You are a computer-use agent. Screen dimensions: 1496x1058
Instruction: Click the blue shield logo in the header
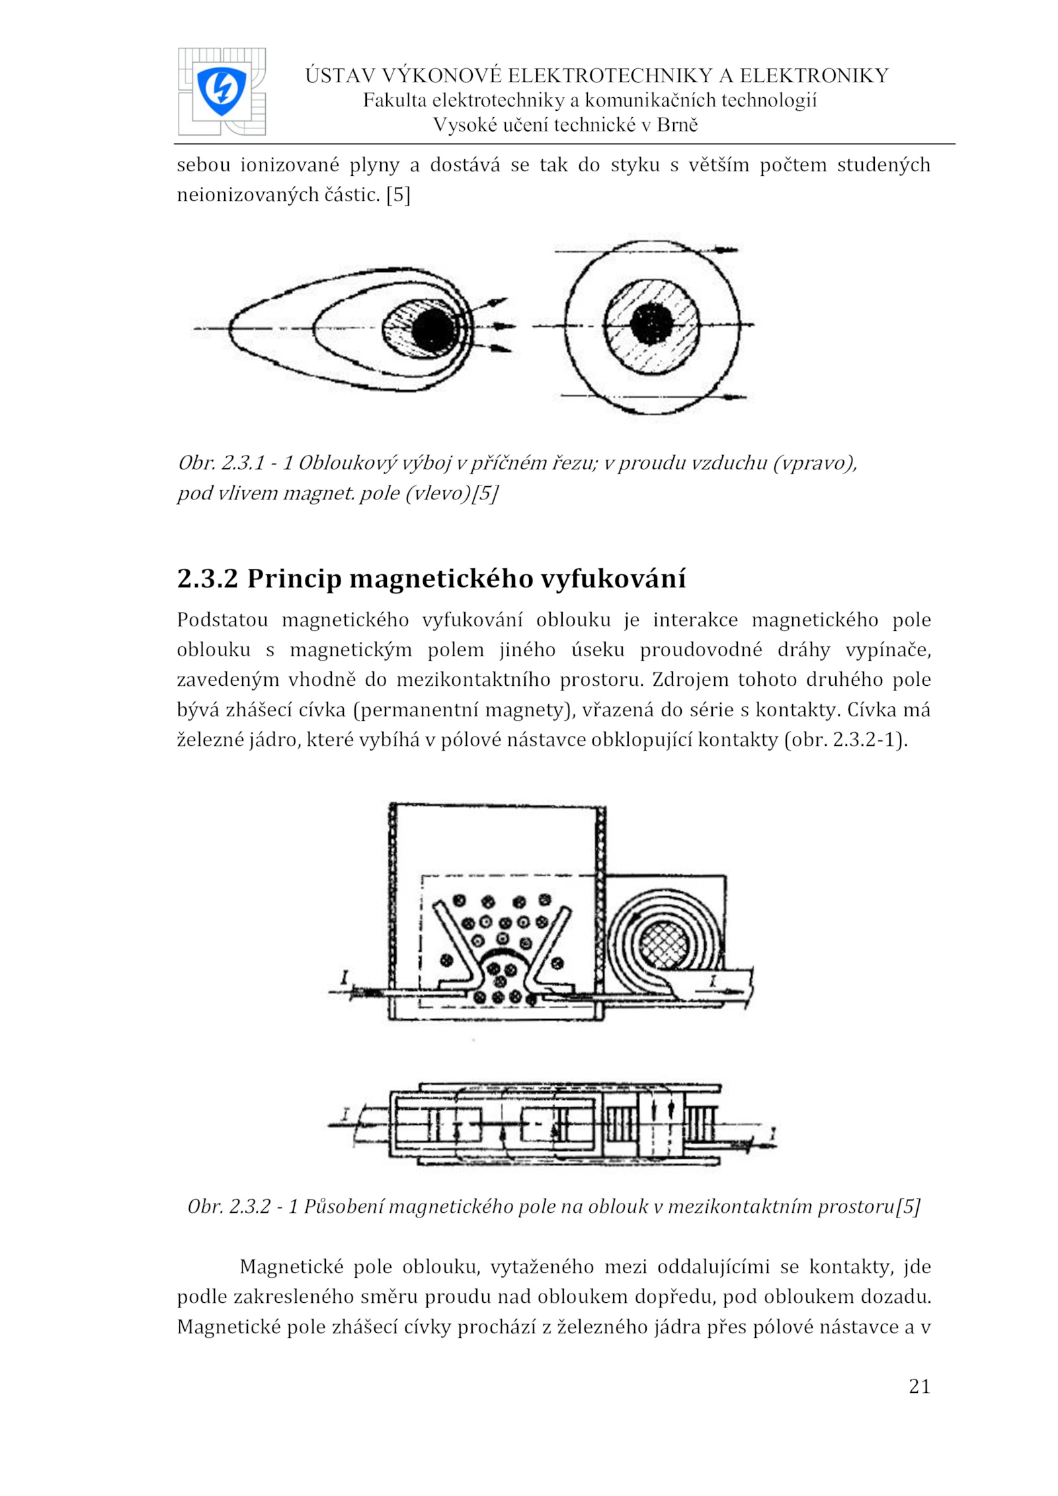point(221,91)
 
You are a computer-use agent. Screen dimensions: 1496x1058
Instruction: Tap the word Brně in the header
point(677,125)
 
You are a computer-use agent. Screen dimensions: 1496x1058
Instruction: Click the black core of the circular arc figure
point(651,325)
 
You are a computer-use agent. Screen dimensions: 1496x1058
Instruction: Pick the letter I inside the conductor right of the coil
point(713,981)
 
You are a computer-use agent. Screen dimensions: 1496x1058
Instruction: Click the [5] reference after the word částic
point(398,194)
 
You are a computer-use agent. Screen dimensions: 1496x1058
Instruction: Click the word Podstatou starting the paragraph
point(222,620)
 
